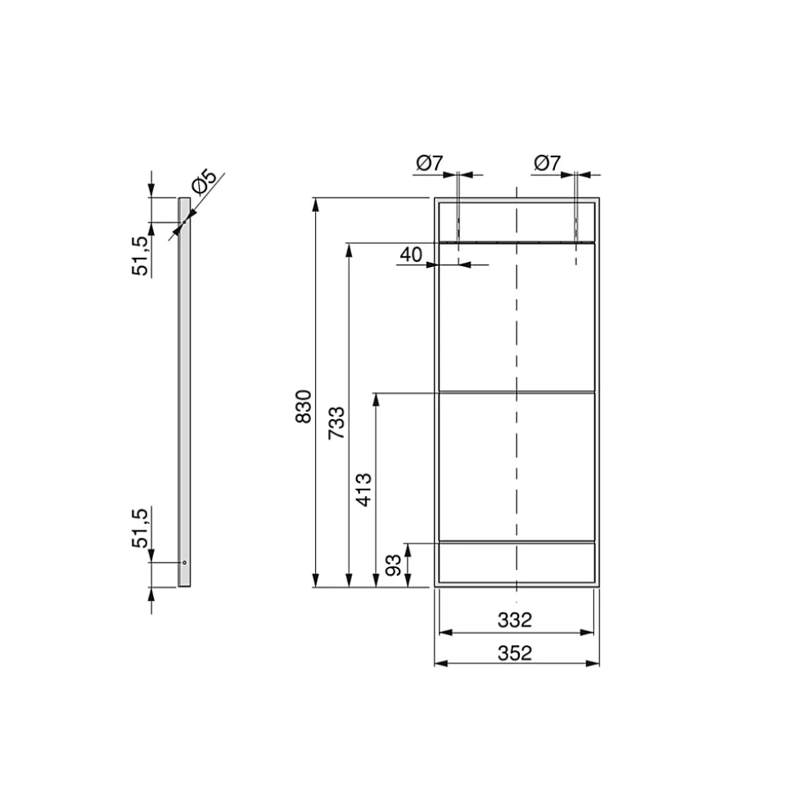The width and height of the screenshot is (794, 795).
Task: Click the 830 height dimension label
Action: pos(303,406)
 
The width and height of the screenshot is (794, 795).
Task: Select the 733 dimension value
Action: pos(336,422)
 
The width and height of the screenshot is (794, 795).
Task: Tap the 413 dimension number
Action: pos(363,490)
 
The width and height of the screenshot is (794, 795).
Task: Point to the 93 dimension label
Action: pos(394,565)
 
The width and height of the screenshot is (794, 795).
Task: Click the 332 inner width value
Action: pos(515,620)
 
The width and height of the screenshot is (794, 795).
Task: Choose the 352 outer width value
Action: pos(515,653)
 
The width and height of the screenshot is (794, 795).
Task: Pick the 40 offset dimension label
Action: pos(411,255)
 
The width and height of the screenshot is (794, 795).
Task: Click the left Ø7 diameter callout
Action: pos(430,163)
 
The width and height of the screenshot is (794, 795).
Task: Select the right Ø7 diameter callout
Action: pos(547,163)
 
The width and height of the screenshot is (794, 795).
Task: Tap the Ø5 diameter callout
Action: pos(205,182)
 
